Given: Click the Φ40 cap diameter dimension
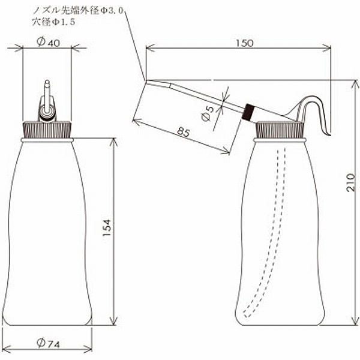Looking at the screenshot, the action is coord(48,42).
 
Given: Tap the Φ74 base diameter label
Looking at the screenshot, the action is coord(48,343).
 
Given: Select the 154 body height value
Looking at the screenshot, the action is coord(107,228).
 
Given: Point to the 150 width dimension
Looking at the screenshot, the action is coord(245,43).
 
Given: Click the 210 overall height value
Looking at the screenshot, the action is coord(350,183).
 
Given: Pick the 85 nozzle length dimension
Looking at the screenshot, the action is coord(184,133).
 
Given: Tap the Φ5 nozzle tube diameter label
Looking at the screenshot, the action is coord(208,113).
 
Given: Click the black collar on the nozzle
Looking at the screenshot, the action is coord(248,112).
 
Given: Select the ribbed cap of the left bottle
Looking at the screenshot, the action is coord(47,130).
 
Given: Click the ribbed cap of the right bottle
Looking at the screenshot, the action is coord(280,130).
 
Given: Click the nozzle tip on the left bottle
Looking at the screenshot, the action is coord(47,83).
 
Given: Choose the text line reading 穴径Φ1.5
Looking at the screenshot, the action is coord(53,22).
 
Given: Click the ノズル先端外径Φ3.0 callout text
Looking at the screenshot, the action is coord(78,10).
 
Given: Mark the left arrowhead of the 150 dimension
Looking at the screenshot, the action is coord(150,48).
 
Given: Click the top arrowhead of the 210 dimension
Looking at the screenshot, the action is coord(356,84).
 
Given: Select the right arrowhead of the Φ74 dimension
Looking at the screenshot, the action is coord(88,350).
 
